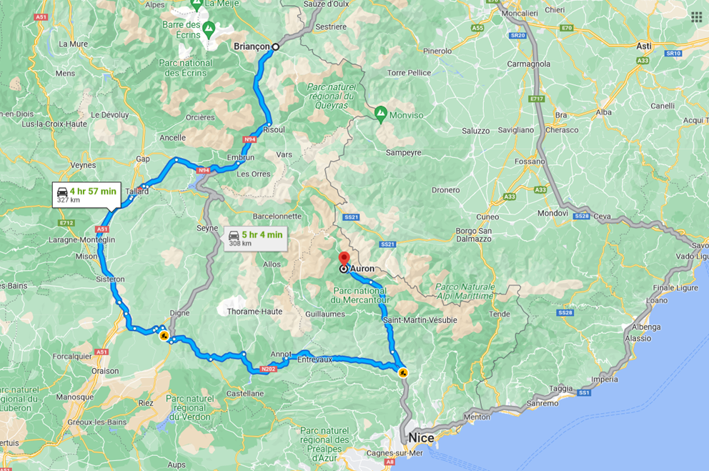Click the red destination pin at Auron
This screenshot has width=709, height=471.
click(344, 259)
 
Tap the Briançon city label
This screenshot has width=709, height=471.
click(252, 46)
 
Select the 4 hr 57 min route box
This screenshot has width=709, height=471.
click(86, 194)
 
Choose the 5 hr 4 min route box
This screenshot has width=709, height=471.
click(255, 238)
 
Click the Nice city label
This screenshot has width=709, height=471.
click(422, 437)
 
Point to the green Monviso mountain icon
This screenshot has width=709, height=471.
click(381, 114)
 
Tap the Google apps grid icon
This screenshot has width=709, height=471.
click(696, 17)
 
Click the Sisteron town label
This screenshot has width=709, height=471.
click(111, 279)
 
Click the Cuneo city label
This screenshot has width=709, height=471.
click(487, 217)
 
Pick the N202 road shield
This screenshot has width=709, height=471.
click(268, 369)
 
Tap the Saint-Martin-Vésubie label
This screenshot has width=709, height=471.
click(420, 320)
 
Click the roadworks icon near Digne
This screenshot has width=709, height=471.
click(164, 335)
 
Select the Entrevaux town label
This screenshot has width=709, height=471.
click(315, 360)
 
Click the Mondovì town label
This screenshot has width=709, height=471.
click(553, 213)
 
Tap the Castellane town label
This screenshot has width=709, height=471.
click(245, 393)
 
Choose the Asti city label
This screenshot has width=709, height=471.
click(643, 46)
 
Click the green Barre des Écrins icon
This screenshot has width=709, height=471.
click(209, 29)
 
